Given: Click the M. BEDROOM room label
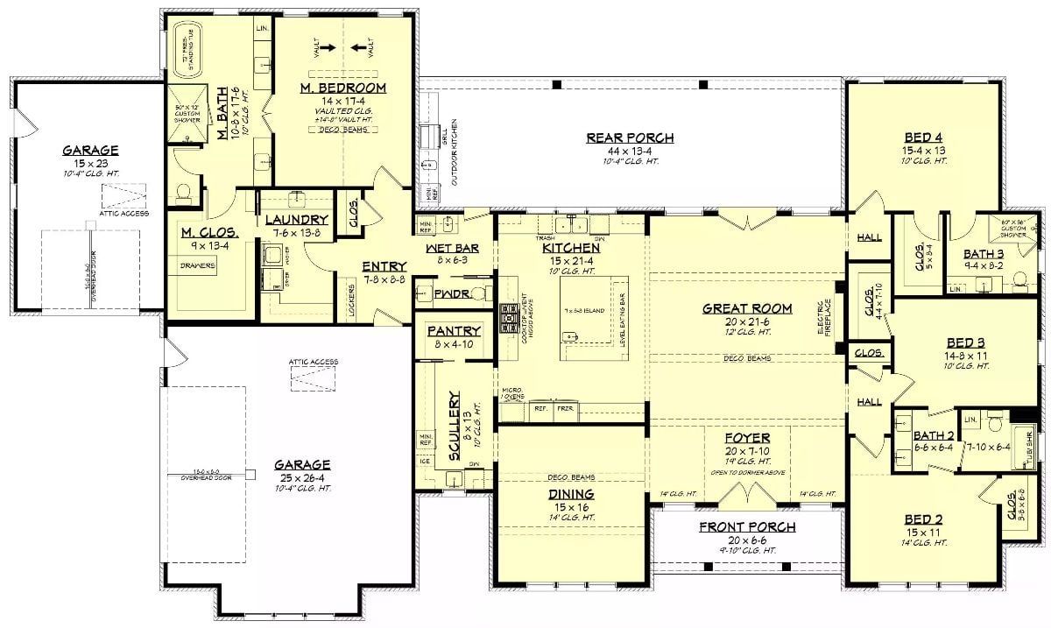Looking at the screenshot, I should click(343, 88).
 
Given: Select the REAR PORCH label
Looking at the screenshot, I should click(630, 138).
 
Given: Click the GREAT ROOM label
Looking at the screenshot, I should click(747, 308).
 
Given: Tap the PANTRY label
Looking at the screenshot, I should click(454, 331).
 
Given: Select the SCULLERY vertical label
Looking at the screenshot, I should click(454, 427).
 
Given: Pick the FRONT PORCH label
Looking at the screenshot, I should click(747, 527).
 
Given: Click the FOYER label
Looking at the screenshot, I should click(747, 438).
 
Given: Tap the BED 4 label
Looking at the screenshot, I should click(924, 138).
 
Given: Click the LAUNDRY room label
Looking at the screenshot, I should click(296, 220).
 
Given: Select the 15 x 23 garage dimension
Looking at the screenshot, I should click(90, 163).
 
